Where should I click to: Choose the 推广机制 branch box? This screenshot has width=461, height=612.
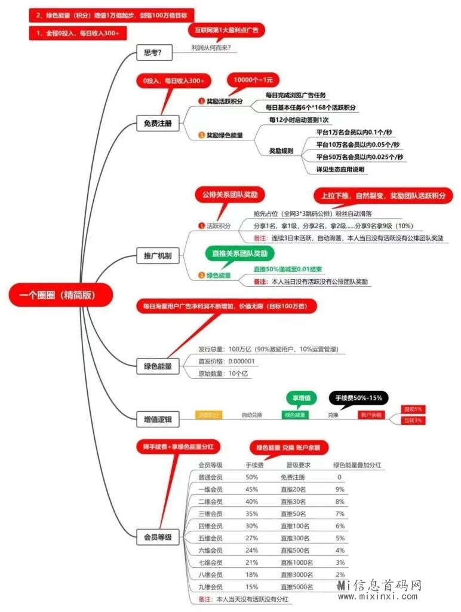tap(158, 256)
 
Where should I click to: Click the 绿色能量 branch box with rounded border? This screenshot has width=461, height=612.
tap(158, 366)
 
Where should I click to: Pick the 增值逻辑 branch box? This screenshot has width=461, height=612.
tap(158, 420)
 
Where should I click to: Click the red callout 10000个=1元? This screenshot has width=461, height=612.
tap(253, 80)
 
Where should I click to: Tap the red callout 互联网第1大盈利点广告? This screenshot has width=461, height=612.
tap(226, 29)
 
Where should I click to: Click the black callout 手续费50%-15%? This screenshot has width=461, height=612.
tap(358, 397)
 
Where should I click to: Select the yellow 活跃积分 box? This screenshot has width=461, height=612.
tap(209, 415)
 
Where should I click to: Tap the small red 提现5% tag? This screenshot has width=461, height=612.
tap(413, 409)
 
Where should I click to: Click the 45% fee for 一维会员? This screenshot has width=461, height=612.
tap(252, 489)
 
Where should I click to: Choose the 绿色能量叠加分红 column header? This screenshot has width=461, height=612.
tap(357, 464)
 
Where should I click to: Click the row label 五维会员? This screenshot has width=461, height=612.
tap(210, 538)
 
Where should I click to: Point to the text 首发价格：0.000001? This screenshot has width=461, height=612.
tap(227, 362)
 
